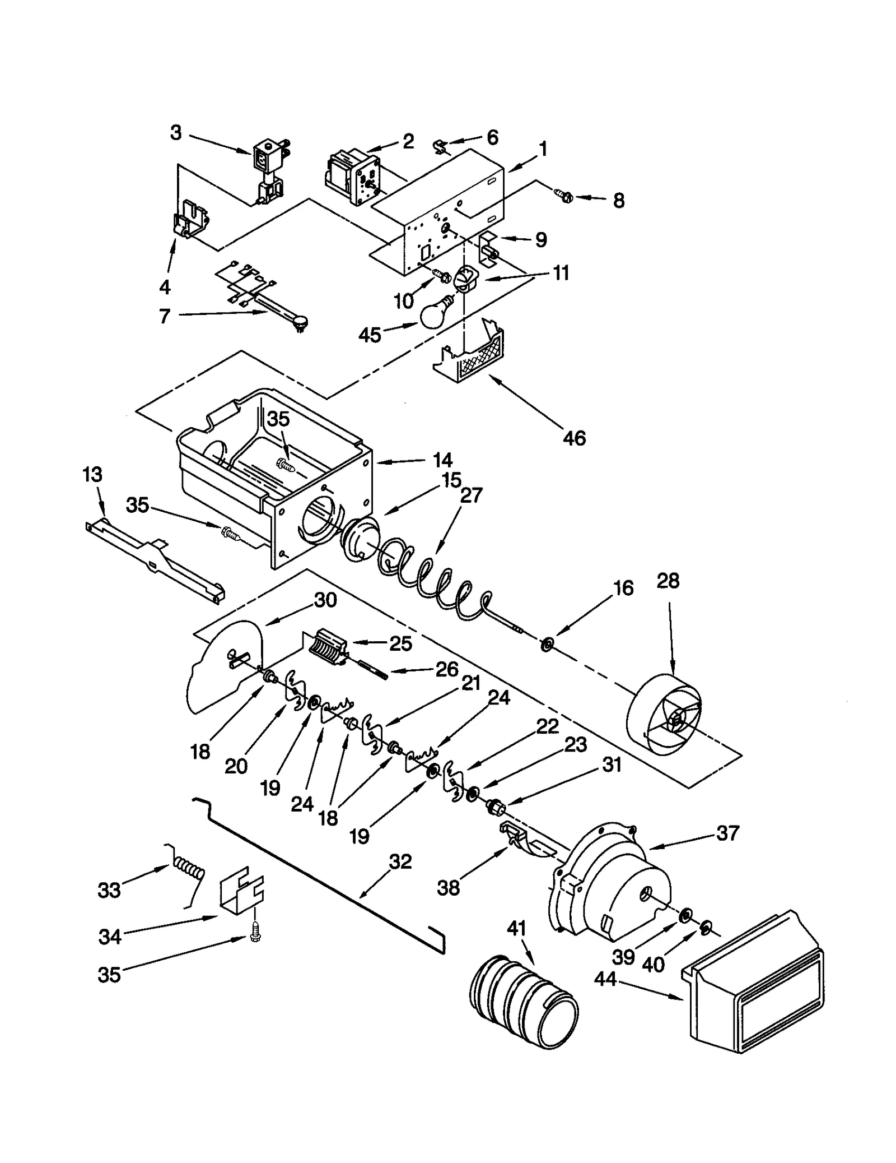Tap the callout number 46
coord(574,438)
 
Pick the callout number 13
coord(92,475)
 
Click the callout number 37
coord(727,833)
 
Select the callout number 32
coord(400,861)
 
